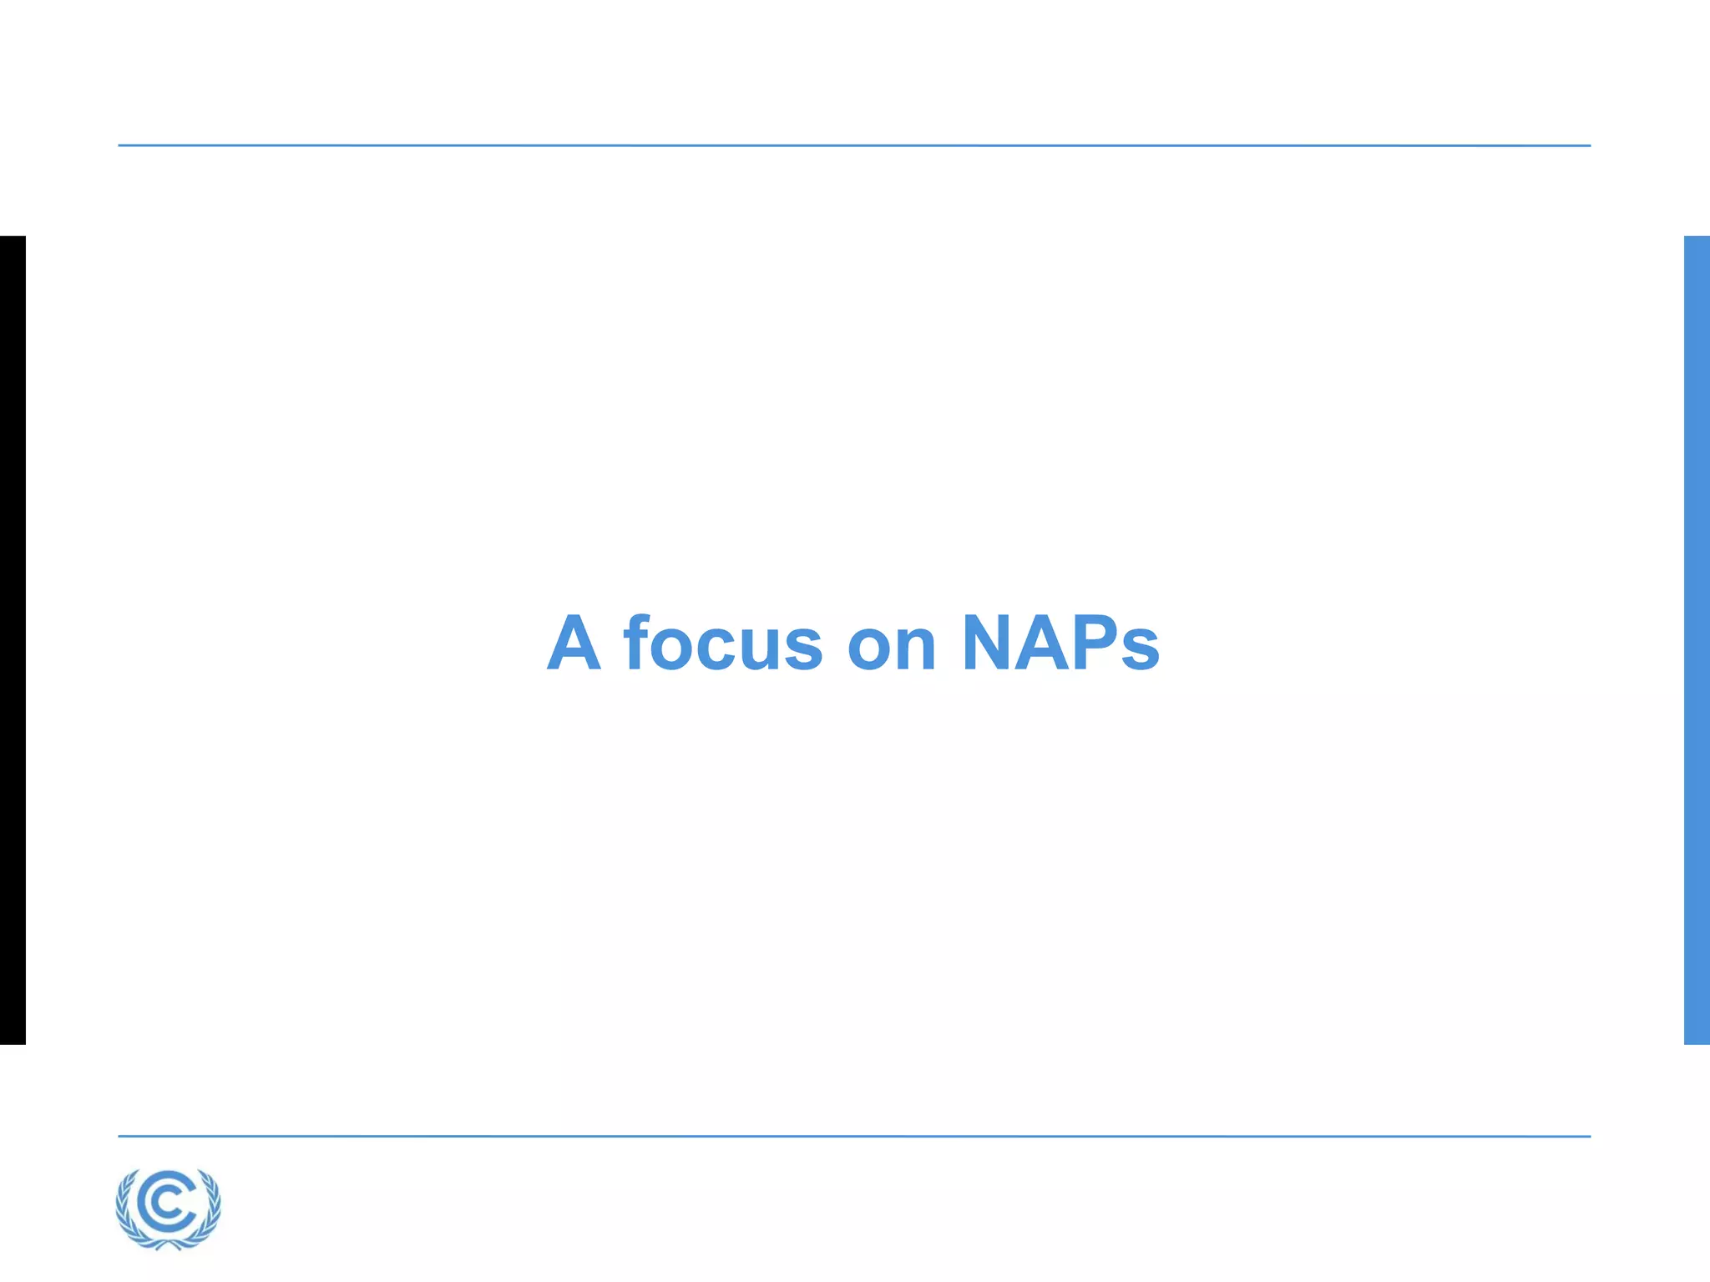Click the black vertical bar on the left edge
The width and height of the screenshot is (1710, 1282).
tap(13, 639)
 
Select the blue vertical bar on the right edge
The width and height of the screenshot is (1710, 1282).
tap(1697, 639)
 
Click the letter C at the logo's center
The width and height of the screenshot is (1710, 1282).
tap(169, 1204)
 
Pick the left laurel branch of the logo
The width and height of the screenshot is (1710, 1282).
tap(125, 1210)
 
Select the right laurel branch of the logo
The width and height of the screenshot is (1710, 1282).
tap(212, 1210)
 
